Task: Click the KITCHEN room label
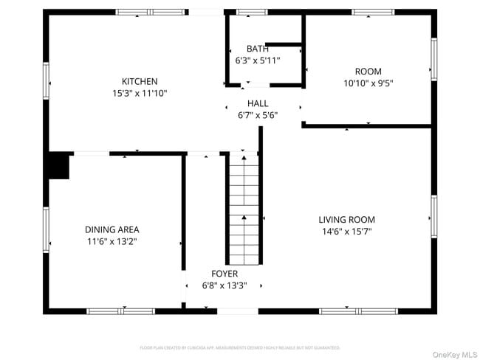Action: tap(140, 81)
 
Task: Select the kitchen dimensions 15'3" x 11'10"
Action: tap(140, 94)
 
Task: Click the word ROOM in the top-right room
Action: tap(368, 72)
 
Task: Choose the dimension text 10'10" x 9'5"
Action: tap(368, 83)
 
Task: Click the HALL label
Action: tap(258, 103)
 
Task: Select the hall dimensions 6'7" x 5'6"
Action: tap(258, 115)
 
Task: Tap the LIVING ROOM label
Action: tap(346, 219)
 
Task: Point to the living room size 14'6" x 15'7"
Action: tap(346, 232)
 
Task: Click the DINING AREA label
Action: tap(112, 229)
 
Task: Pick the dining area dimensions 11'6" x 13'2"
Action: tap(112, 241)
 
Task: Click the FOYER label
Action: tap(224, 273)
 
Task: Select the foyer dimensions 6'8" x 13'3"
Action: tap(224, 285)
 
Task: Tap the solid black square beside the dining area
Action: tap(58, 166)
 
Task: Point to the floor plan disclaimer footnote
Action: tap(239, 347)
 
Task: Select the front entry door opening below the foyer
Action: tap(238, 311)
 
